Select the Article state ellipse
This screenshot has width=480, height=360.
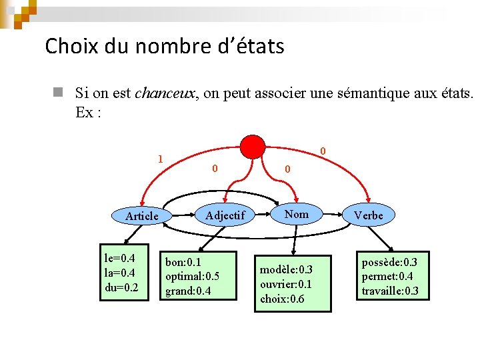click(x=142, y=216)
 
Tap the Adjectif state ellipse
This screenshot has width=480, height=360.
click(x=225, y=215)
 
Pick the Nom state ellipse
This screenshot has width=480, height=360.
click(x=297, y=214)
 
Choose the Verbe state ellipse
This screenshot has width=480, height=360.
click(x=369, y=215)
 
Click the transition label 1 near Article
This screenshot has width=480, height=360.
click(x=160, y=159)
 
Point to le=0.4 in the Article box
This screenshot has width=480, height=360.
click(x=119, y=258)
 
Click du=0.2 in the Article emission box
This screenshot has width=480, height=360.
click(x=121, y=287)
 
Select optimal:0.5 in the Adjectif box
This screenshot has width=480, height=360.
click(x=193, y=276)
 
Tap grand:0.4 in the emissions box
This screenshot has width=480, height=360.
click(x=187, y=291)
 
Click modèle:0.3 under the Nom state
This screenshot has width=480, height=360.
click(x=286, y=269)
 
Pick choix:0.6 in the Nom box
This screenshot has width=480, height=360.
click(x=282, y=299)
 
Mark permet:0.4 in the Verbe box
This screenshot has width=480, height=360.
click(x=387, y=276)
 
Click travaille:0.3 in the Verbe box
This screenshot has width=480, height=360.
click(x=390, y=291)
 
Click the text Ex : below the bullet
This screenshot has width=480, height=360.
click(x=88, y=112)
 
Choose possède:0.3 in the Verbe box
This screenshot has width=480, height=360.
click(x=390, y=261)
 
